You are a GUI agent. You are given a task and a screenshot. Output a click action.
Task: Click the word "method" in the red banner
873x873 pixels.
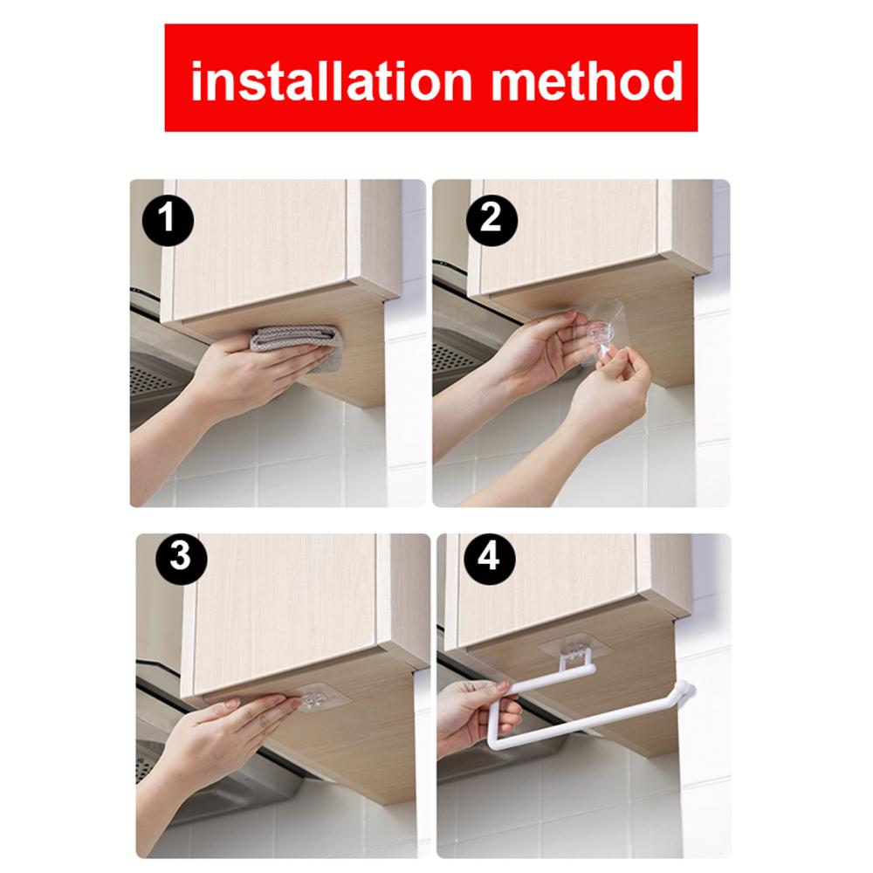(x=587, y=81)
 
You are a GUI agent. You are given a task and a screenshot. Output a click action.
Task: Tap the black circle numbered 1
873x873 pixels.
(x=168, y=219)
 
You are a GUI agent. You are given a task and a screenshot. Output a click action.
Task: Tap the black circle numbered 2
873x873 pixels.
(x=491, y=219)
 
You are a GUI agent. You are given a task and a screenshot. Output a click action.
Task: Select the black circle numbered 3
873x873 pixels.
(x=181, y=557)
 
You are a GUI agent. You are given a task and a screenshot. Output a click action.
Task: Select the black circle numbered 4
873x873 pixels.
(x=488, y=557)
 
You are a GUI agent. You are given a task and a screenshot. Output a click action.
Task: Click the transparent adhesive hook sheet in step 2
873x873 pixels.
(x=601, y=333)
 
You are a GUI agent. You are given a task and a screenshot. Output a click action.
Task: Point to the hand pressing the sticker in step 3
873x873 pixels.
(x=223, y=735)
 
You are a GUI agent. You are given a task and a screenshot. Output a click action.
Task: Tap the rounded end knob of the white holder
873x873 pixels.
(x=684, y=691)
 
